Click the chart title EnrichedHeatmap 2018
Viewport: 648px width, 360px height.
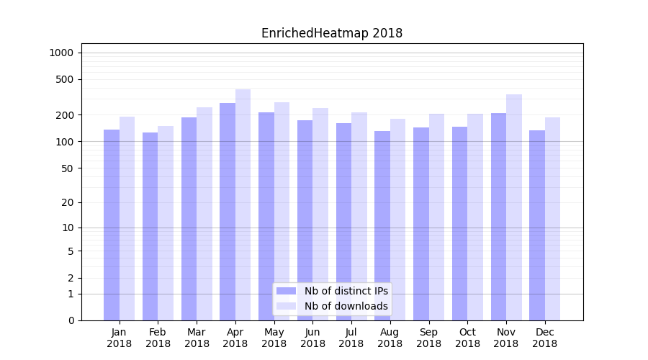tap(331, 34)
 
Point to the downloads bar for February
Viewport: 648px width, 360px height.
tap(166, 223)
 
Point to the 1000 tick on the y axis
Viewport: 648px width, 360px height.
tap(61, 53)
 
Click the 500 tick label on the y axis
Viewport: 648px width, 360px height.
tap(65, 79)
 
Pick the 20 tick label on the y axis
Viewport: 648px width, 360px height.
tap(68, 202)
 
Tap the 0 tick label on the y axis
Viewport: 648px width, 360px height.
tap(71, 320)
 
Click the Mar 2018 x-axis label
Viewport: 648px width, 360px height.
tap(197, 338)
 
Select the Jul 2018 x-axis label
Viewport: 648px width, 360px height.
tap(351, 338)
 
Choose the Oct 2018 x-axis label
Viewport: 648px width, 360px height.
tap(467, 338)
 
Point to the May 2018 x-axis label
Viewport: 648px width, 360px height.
tap(274, 338)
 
